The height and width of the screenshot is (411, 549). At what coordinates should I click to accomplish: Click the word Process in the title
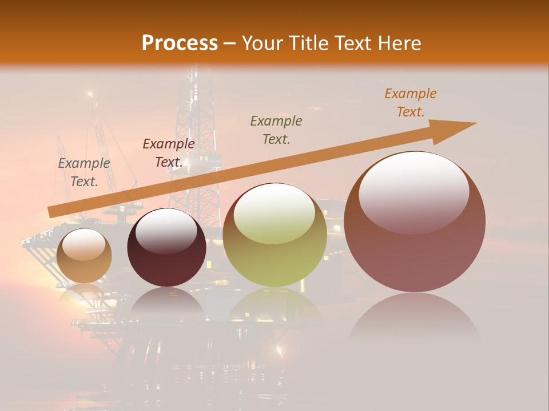tap(180, 43)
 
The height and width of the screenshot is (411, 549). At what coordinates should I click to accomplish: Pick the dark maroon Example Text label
tap(168, 153)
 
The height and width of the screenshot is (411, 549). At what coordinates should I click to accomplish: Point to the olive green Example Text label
tap(276, 130)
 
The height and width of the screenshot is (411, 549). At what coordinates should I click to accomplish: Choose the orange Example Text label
tap(410, 103)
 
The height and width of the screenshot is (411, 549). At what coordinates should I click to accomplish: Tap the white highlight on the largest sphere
tap(413, 191)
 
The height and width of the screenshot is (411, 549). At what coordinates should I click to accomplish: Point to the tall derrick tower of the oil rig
tap(196, 126)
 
